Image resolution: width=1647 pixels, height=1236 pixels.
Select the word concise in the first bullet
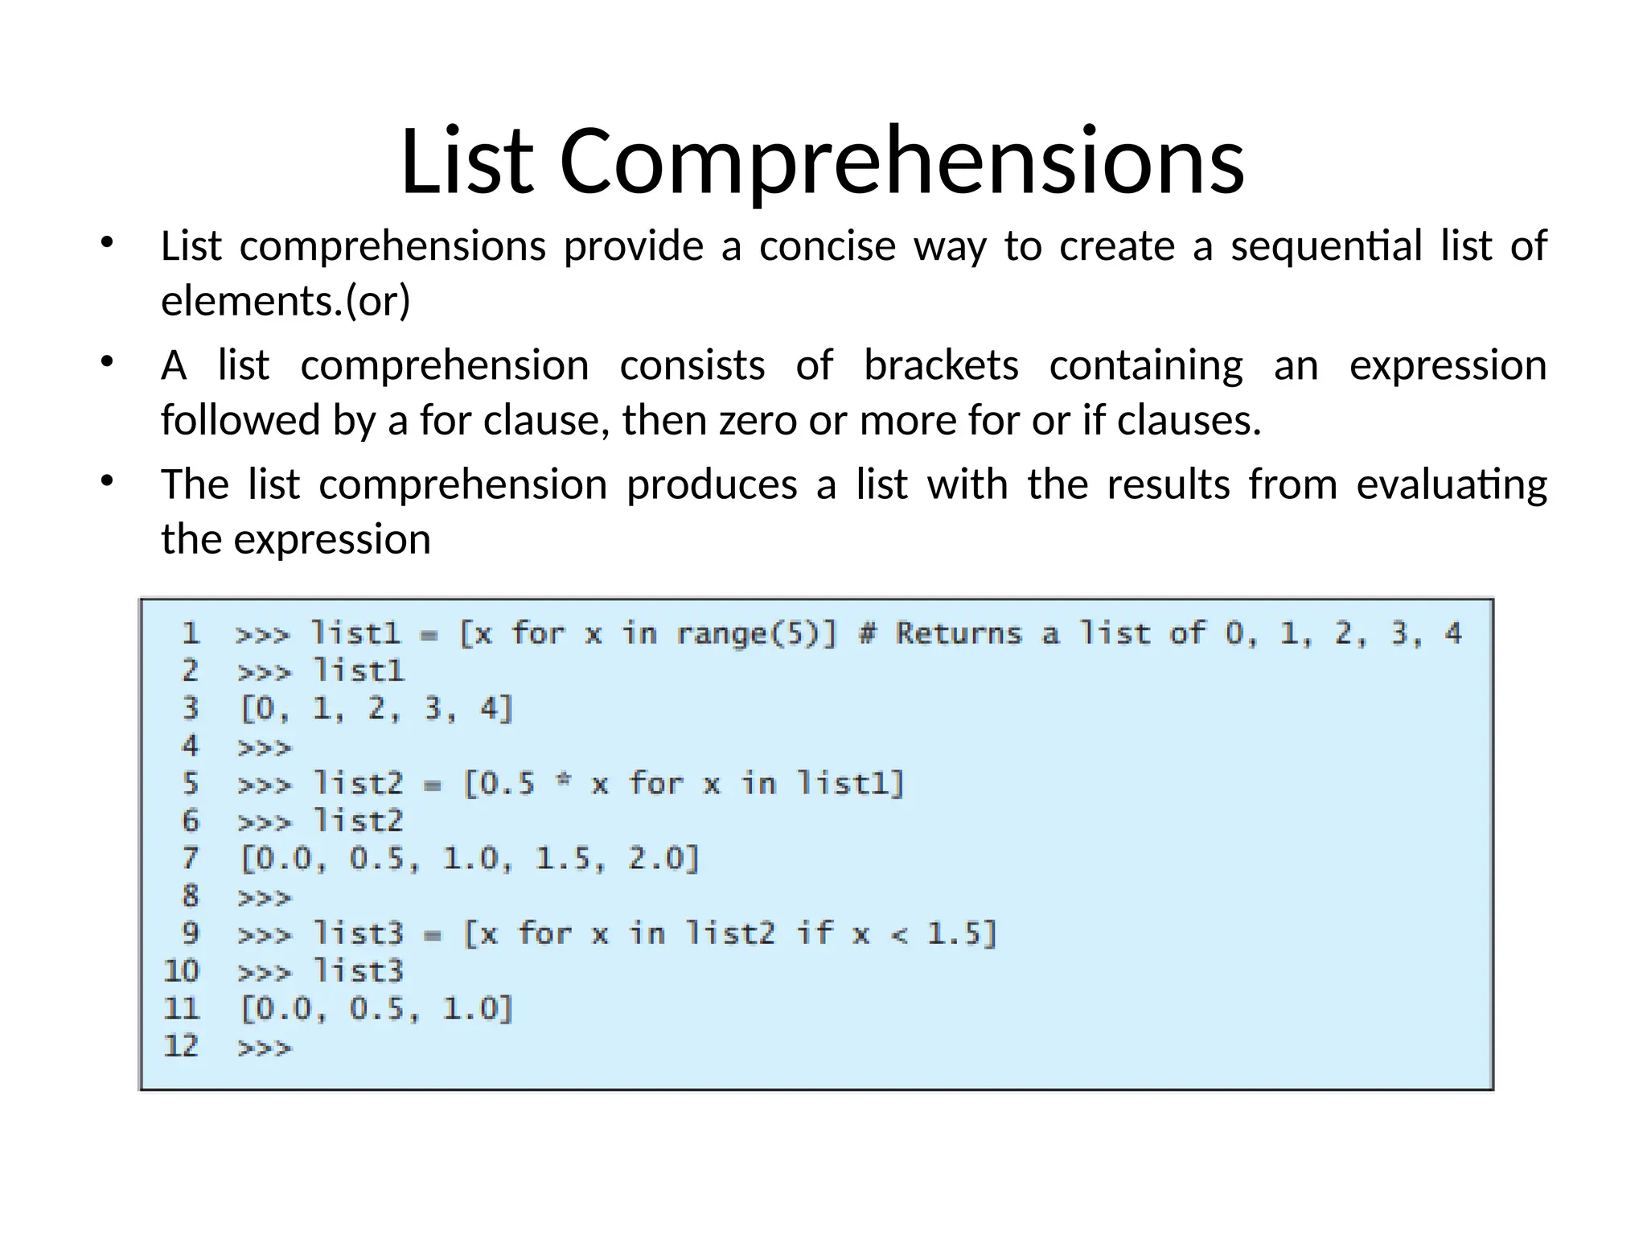[x=827, y=245]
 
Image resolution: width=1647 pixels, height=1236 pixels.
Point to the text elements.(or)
[x=285, y=301]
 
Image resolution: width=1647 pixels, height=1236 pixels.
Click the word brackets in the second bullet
[x=941, y=365]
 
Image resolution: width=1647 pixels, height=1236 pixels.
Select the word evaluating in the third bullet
[x=1452, y=485]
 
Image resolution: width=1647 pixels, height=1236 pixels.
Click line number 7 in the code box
[x=190, y=858]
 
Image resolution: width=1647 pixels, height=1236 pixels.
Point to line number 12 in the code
[x=182, y=1045]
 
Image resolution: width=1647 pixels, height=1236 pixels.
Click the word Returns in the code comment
[x=959, y=634]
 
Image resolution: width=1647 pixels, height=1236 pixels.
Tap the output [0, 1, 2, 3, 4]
[x=376, y=709]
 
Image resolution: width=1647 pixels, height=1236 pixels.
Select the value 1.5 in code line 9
[x=953, y=933]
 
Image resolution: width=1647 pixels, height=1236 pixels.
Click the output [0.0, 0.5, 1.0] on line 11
[x=376, y=1008]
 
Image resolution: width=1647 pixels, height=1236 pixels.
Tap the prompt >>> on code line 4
[x=265, y=748]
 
